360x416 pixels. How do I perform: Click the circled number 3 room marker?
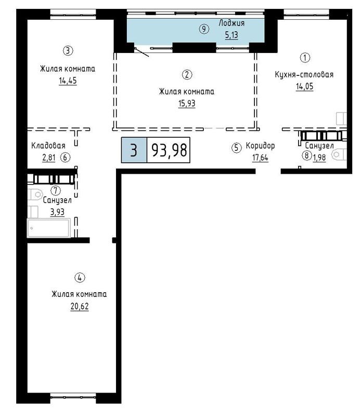pos(68,50)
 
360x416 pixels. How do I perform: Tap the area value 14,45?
pos(68,81)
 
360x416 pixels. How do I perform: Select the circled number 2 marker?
pos(187,74)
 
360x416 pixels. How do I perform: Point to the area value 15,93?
pos(187,103)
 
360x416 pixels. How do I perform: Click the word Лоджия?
pos(232,23)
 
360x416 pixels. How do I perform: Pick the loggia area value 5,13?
pos(232,35)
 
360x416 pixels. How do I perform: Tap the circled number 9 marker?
pos(204,29)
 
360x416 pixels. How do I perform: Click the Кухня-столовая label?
pos(304,74)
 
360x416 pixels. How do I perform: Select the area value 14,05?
pos(304,86)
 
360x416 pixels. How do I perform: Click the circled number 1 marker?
pos(305,57)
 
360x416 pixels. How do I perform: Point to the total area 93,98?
pos(169,150)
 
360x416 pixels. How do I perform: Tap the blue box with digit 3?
pos(134,150)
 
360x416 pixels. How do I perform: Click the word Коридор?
pos(260,146)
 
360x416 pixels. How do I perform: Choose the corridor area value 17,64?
pos(260,158)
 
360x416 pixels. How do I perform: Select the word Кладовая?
pos(48,146)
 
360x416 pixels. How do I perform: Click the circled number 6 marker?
pos(66,158)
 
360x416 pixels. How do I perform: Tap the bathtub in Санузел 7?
pos(49,228)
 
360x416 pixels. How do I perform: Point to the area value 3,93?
pos(57,212)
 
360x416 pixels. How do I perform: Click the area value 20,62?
pos(80,306)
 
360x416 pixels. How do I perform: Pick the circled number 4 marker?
pos(80,278)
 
